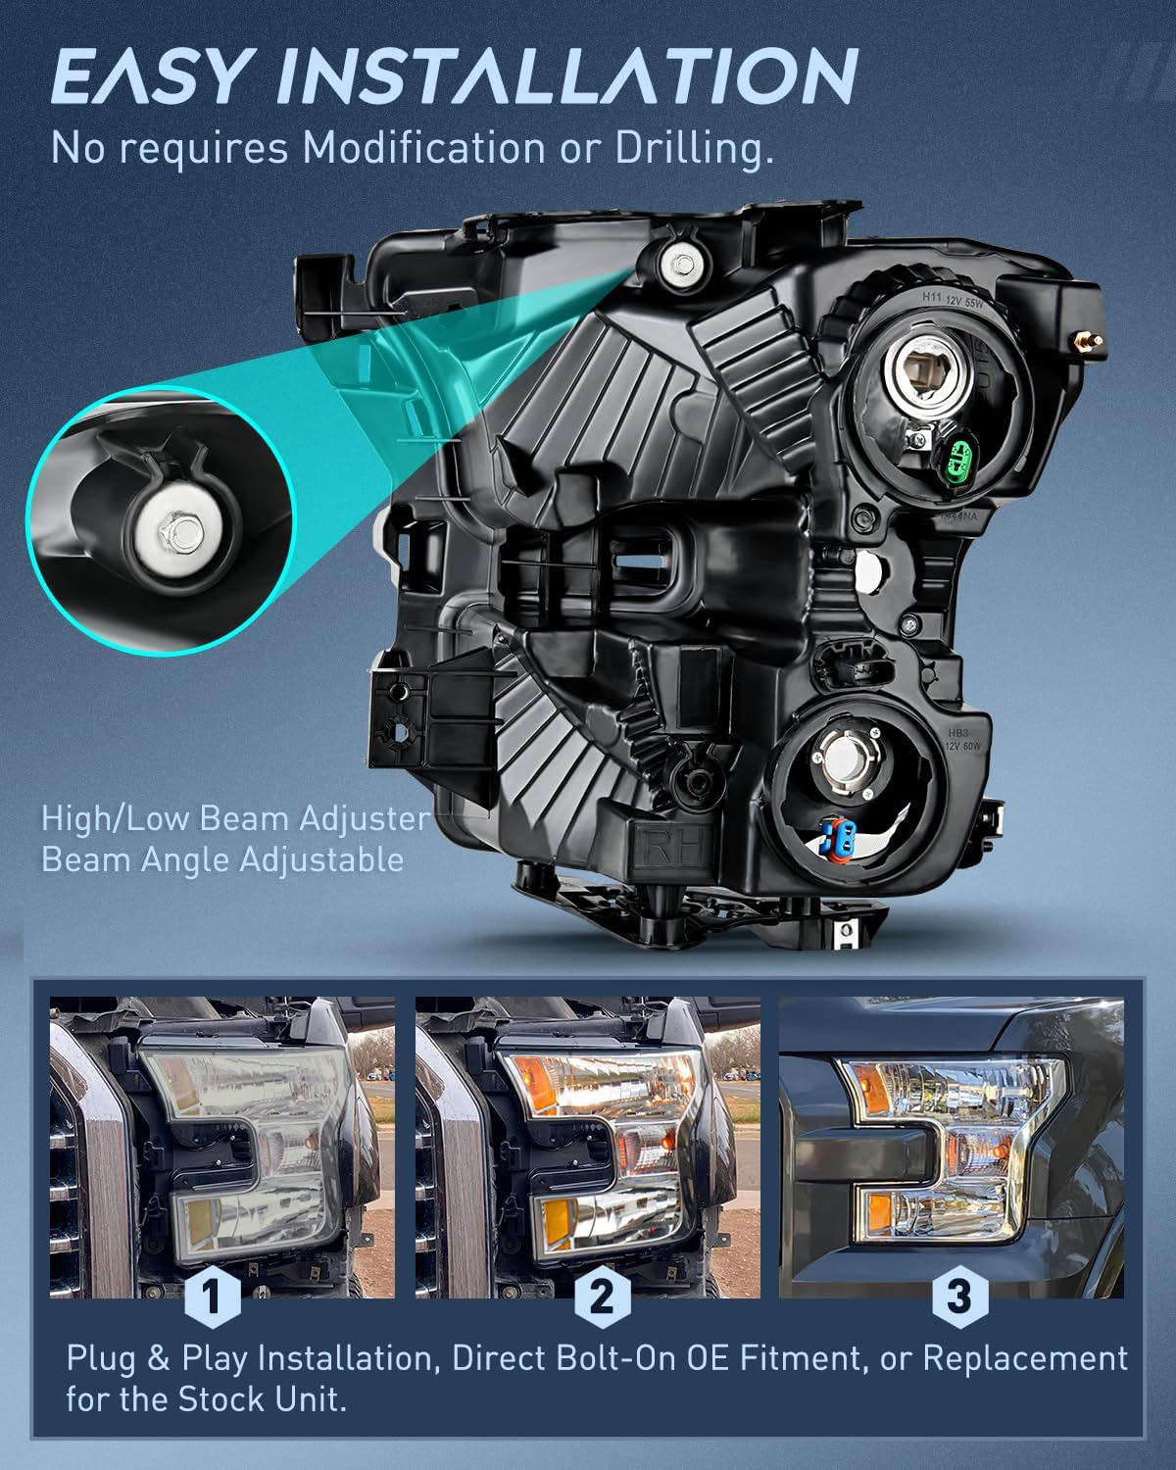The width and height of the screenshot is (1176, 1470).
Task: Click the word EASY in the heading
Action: click(x=149, y=75)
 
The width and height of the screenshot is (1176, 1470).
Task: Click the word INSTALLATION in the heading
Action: click(x=567, y=75)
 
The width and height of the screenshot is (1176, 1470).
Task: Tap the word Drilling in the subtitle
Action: click(x=694, y=148)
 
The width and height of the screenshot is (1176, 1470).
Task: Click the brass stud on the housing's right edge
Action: click(x=1084, y=339)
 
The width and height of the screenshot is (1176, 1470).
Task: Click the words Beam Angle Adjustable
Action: click(x=222, y=859)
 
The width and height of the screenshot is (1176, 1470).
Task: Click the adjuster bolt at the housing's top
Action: click(x=683, y=263)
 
